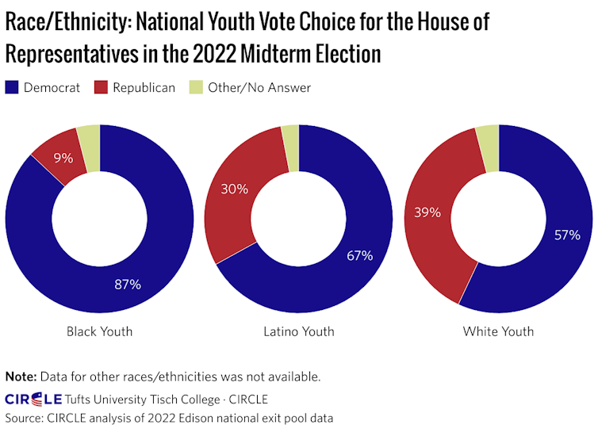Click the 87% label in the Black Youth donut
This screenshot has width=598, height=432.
tap(127, 284)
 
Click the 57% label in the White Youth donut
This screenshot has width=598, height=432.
tap(567, 235)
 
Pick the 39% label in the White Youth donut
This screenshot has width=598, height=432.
tap(427, 212)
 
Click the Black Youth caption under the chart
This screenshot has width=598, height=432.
tap(99, 331)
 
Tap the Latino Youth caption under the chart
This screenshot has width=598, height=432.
tap(298, 331)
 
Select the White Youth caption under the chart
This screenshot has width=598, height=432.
tap(498, 331)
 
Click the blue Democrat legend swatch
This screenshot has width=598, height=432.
tap(12, 88)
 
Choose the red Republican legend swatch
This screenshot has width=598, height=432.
tap(101, 88)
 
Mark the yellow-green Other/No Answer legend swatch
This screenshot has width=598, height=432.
tap(196, 88)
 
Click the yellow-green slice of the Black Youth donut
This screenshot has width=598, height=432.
tap(90, 137)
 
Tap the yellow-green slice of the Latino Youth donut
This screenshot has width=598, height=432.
tap(291, 136)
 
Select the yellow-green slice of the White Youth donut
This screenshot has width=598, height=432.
tap(488, 136)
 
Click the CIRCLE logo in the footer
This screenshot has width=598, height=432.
tap(33, 398)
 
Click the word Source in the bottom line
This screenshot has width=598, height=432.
tap(25, 417)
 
